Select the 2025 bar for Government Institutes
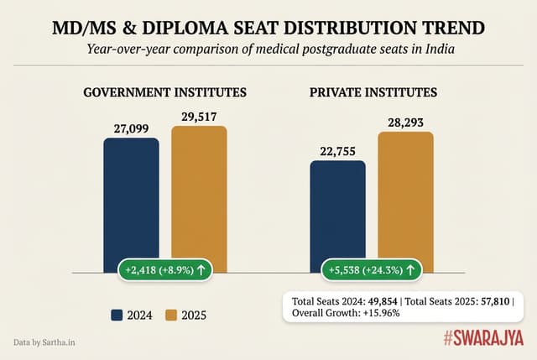[200, 197]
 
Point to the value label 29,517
[200, 116]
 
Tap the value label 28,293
[405, 122]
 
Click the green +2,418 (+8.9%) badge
[165, 270]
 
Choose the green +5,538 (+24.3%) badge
[372, 270]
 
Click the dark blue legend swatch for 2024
[118, 316]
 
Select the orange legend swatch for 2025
[172, 316]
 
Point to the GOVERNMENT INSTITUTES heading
[165, 92]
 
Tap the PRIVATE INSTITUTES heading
[372, 92]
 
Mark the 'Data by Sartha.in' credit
[45, 342]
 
